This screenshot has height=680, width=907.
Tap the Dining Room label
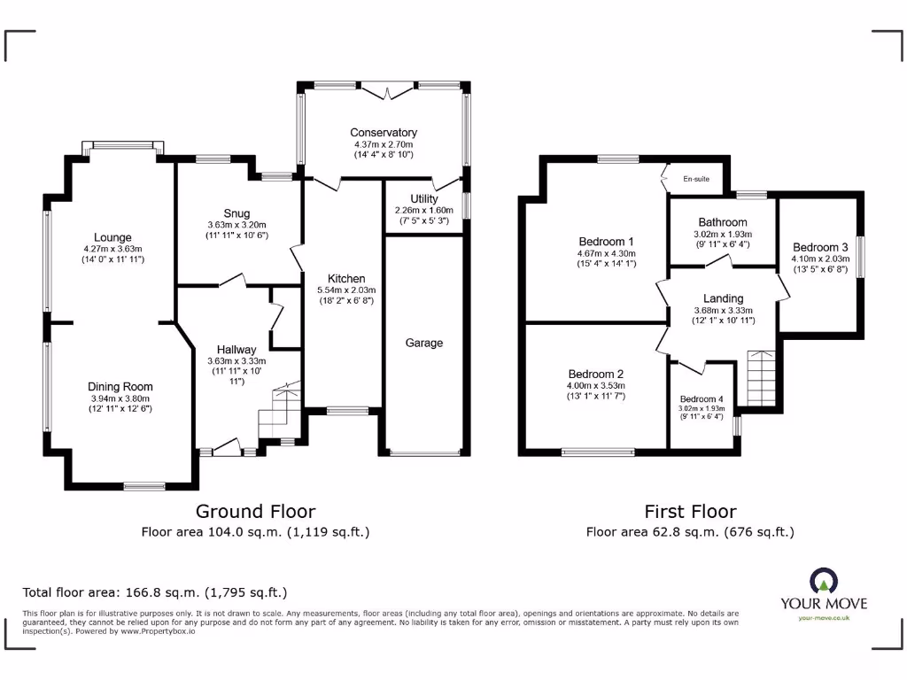tap(120, 386)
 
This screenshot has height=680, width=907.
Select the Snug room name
tap(236, 213)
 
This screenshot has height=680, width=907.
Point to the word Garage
tap(425, 343)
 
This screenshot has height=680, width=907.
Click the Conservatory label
tap(384, 133)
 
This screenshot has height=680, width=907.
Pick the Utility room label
tap(424, 198)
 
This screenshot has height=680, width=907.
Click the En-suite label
tap(696, 179)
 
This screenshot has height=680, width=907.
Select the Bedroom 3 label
tap(819, 247)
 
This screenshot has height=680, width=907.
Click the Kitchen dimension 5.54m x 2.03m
tap(346, 290)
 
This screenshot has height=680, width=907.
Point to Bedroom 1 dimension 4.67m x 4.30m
tap(607, 252)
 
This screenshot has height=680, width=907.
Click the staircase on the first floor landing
tap(761, 376)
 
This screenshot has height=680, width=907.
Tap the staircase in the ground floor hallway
tap(279, 409)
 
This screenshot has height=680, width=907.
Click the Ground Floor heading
tap(255, 511)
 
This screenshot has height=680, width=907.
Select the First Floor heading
tap(689, 511)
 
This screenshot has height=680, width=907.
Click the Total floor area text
tap(154, 592)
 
